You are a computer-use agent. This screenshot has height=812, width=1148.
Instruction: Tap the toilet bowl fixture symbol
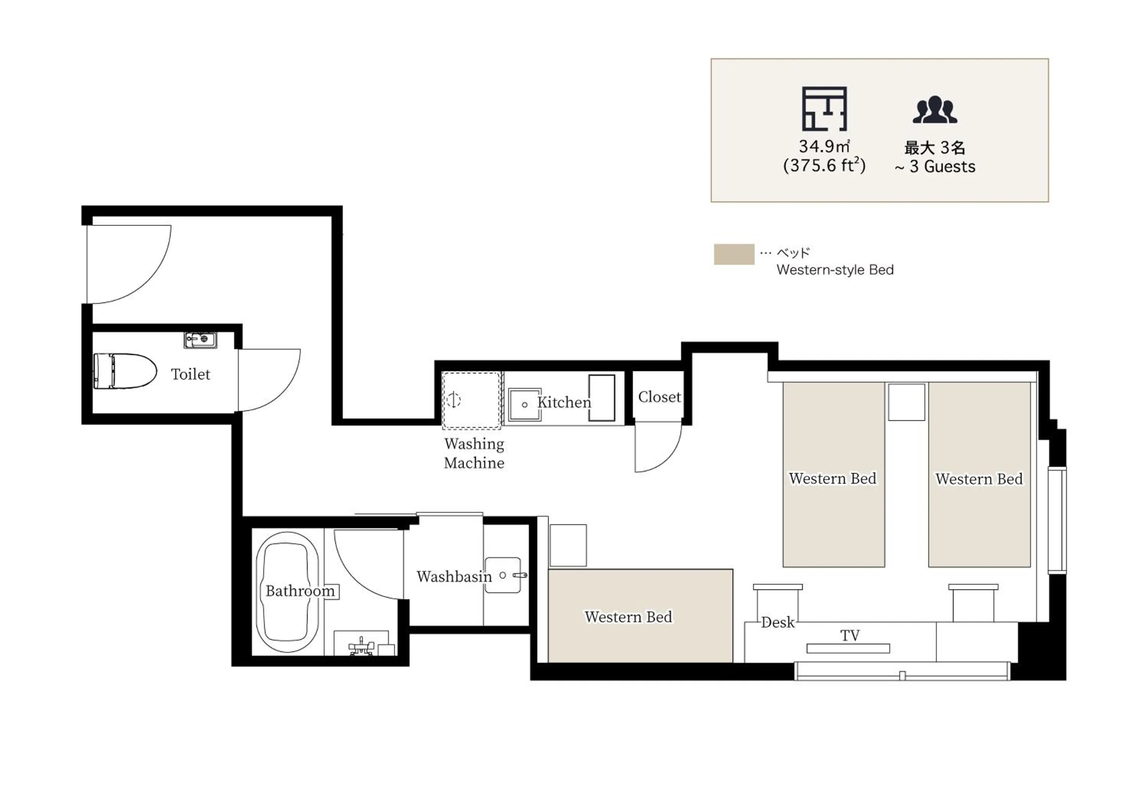click(125, 371)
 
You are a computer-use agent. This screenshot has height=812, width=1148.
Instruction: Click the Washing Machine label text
click(474, 453)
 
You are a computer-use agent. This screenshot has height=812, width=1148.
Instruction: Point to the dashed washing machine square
click(471, 400)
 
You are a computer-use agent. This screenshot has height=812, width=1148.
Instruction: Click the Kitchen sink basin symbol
click(524, 404)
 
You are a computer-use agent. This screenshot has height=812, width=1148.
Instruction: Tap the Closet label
click(659, 397)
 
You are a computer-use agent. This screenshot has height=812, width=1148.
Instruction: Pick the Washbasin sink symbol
click(503, 575)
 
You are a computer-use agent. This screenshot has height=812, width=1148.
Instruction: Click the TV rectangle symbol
click(848, 649)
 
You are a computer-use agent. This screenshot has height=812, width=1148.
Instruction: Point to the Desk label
click(778, 623)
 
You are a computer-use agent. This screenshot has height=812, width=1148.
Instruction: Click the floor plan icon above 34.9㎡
click(825, 109)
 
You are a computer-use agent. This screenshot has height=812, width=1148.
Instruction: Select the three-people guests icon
click(934, 110)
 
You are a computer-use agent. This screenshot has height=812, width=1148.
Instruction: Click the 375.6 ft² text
click(824, 166)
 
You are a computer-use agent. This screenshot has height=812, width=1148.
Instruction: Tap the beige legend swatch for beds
click(734, 254)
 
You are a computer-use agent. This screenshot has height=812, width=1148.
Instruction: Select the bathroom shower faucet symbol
click(360, 646)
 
